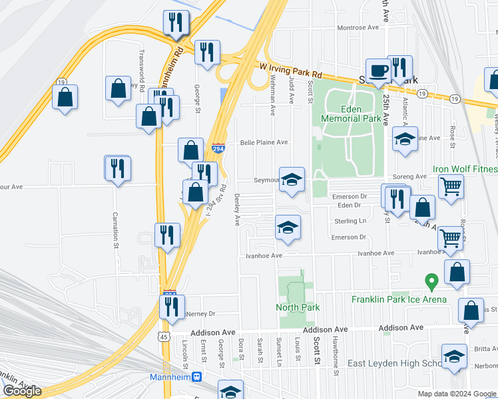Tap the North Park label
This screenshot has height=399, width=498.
click(298, 307)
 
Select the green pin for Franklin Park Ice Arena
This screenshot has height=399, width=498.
click(431, 282)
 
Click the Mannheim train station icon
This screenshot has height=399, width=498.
click(197, 376)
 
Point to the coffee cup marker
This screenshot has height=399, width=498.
click(379, 70)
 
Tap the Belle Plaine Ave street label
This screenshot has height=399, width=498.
click(264, 142)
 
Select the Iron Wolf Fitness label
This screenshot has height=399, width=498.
click(465, 170)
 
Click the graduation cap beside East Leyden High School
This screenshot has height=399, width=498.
click(454, 356)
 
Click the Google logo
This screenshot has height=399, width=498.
click(23, 391)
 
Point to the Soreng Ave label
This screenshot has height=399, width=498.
click(410, 176)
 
